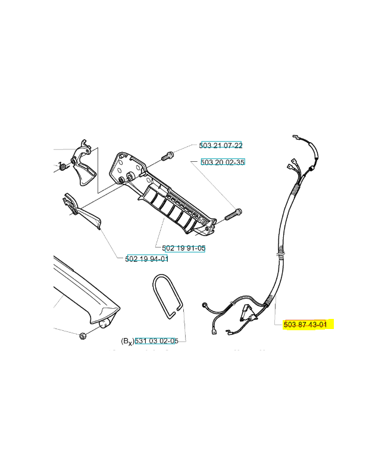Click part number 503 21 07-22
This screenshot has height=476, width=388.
[x=221, y=145]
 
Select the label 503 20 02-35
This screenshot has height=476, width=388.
[x=223, y=162]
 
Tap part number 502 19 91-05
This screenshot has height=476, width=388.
[x=184, y=248]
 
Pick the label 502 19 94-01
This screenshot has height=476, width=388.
[x=146, y=259]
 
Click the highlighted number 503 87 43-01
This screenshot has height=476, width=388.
[x=305, y=324]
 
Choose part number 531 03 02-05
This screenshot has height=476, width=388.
[x=157, y=341]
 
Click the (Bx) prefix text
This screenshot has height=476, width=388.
[x=127, y=342]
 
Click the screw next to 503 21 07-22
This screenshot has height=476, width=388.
[x=167, y=156]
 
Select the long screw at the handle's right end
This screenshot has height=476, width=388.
[x=233, y=214]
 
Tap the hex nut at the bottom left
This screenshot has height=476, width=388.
[x=82, y=336]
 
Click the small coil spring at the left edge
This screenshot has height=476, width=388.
[x=62, y=166]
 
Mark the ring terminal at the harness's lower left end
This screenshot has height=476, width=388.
[x=205, y=305]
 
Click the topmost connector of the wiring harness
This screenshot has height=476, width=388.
[x=296, y=137]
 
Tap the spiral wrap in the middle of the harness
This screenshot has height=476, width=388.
[x=281, y=252]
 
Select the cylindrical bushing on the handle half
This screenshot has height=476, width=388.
[x=130, y=176]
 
